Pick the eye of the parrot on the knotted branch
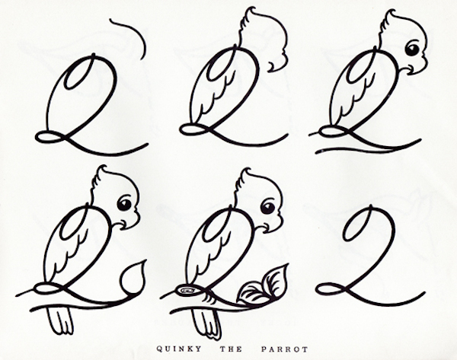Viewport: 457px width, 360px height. pyautogui.click(x=267, y=205)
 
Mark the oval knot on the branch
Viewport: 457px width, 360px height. pyautogui.click(x=186, y=291)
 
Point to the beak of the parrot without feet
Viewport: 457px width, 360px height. pyautogui.click(x=411, y=71)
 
